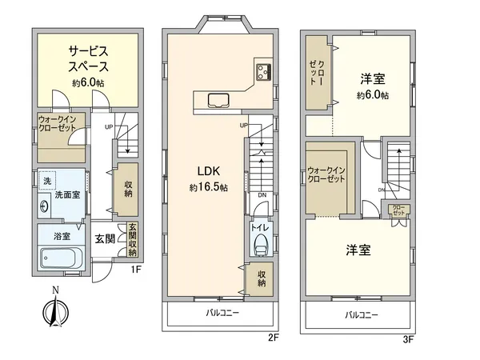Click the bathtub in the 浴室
coord(62,259)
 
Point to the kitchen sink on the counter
coord(218,101)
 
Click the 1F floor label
coord(136,270)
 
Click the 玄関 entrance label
coord(105,238)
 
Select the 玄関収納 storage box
coord(130,239)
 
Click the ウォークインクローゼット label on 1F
coord(57,127)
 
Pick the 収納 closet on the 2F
coord(262,280)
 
